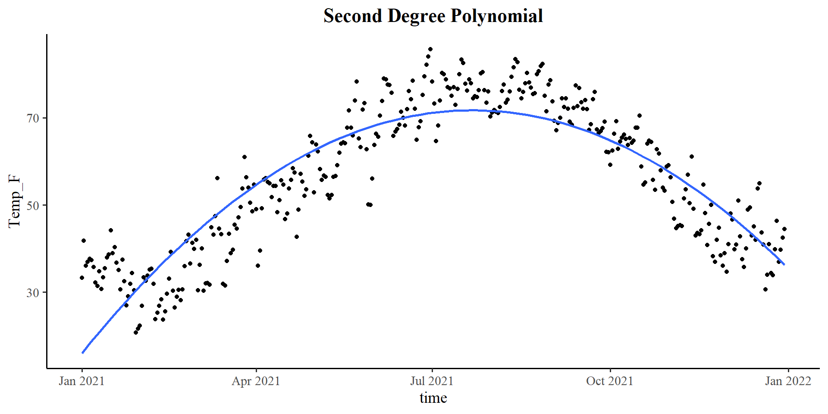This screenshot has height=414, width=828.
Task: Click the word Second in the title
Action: pyautogui.click(x=353, y=16)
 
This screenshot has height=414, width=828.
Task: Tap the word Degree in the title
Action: pyautogui.click(x=416, y=16)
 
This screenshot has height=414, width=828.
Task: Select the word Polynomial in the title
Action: pyautogui.click(x=496, y=16)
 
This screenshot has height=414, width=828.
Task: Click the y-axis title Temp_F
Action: pyautogui.click(x=14, y=201)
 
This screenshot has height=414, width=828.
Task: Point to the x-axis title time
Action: pyautogui.click(x=433, y=398)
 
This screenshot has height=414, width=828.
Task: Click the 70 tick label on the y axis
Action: pyautogui.click(x=33, y=118)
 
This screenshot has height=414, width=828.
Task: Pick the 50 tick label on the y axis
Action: pyautogui.click(x=33, y=206)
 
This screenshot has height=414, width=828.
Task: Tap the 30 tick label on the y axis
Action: pyautogui.click(x=33, y=293)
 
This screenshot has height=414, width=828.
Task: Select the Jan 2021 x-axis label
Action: pyautogui.click(x=82, y=381)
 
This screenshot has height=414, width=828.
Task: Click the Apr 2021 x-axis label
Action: pyautogui.click(x=256, y=381)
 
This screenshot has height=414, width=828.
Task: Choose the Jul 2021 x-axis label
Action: pyautogui.click(x=432, y=381)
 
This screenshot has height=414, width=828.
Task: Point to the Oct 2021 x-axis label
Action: pyautogui.click(x=609, y=381)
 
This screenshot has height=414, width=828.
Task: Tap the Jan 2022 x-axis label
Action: pyautogui.click(x=788, y=381)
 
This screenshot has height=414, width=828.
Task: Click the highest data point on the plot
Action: pyautogui.click(x=430, y=49)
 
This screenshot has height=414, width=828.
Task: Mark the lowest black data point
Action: pyautogui.click(x=136, y=332)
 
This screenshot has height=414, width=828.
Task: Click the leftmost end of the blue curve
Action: pyautogui.click(x=82, y=353)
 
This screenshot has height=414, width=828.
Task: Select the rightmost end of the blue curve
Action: pyautogui.click(x=784, y=264)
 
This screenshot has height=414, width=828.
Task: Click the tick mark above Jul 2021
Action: pyautogui.click(x=432, y=370)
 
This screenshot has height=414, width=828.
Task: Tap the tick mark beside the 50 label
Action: pyautogui.click(x=44, y=206)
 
